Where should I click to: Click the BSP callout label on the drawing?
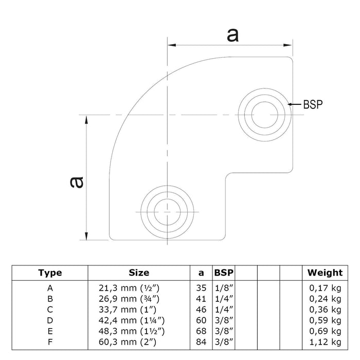313,104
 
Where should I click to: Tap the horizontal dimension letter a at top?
232,34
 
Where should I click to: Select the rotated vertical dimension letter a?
76,182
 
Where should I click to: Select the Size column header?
139,273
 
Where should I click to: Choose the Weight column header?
325,273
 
